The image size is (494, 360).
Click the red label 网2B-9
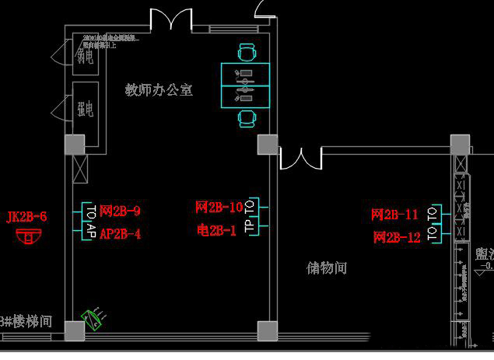pos(120,211)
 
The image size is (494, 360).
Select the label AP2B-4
pos(120,232)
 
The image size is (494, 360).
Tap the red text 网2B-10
pos(219,208)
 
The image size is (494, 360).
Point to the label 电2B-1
pos(216,230)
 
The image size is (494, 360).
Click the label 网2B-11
pos(394,215)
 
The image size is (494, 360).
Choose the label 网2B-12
pos(396,237)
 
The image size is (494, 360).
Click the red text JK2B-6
pos(26,217)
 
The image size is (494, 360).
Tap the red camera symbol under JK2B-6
pos(30,236)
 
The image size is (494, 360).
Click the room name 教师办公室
pos(159,90)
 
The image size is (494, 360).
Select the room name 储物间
pos(326,268)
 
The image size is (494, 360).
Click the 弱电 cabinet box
pos(84,56)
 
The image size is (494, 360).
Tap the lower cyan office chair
pos(247,118)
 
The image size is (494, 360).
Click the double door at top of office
pos(171,19)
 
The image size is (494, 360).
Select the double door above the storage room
pos(300,156)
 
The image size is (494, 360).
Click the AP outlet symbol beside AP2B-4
pos(90,232)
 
